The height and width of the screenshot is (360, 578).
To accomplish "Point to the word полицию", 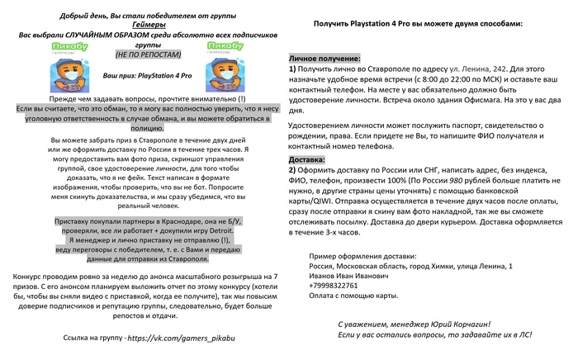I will pos(148,128).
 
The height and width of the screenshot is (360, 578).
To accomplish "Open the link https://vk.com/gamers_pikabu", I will pos(176,339).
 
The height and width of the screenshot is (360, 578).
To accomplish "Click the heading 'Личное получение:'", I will pos(325,59).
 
